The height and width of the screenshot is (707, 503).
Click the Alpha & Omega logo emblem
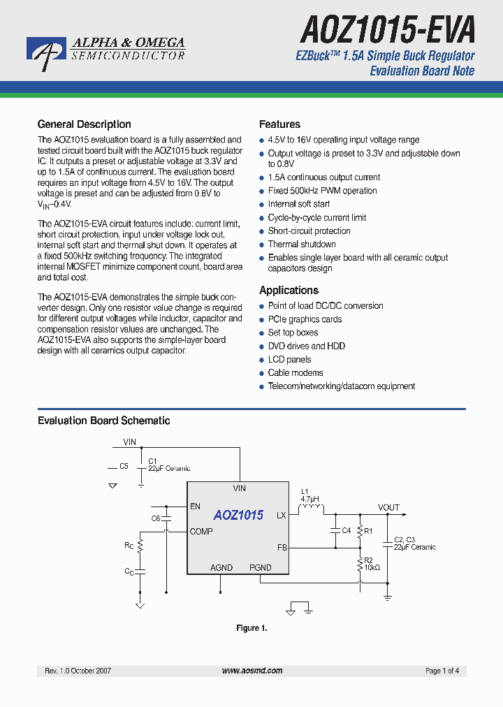(x=47, y=53)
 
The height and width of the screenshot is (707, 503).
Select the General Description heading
(x=84, y=124)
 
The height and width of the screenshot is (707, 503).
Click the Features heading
(x=279, y=124)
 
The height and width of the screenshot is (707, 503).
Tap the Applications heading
(x=289, y=291)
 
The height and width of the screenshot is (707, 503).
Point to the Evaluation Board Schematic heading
(x=103, y=421)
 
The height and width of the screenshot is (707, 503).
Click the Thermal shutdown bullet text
(x=302, y=245)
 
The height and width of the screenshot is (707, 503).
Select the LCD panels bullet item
(x=289, y=360)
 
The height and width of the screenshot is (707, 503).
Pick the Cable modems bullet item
(x=296, y=373)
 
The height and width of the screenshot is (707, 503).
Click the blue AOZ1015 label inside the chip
(x=238, y=516)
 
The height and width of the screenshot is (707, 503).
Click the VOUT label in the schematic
(x=388, y=508)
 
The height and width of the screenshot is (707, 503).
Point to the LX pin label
(x=282, y=516)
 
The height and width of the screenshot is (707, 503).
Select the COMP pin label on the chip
(x=201, y=532)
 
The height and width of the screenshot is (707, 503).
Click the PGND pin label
(x=261, y=568)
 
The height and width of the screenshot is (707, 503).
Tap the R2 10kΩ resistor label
(x=371, y=563)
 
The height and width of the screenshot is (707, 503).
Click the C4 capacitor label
(x=345, y=530)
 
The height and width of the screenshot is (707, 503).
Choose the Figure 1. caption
(x=251, y=628)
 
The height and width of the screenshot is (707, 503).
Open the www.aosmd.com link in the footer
(x=252, y=671)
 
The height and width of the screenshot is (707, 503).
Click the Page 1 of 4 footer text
(x=442, y=671)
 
